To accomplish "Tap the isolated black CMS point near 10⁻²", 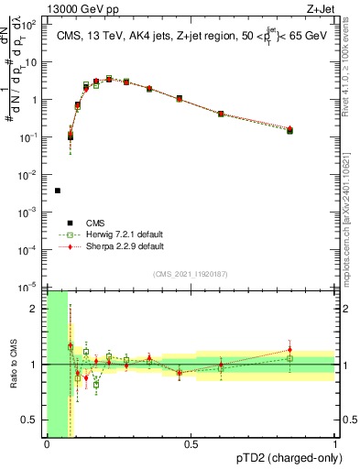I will [x=58, y=191].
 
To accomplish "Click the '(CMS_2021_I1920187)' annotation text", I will [x=191, y=273].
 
